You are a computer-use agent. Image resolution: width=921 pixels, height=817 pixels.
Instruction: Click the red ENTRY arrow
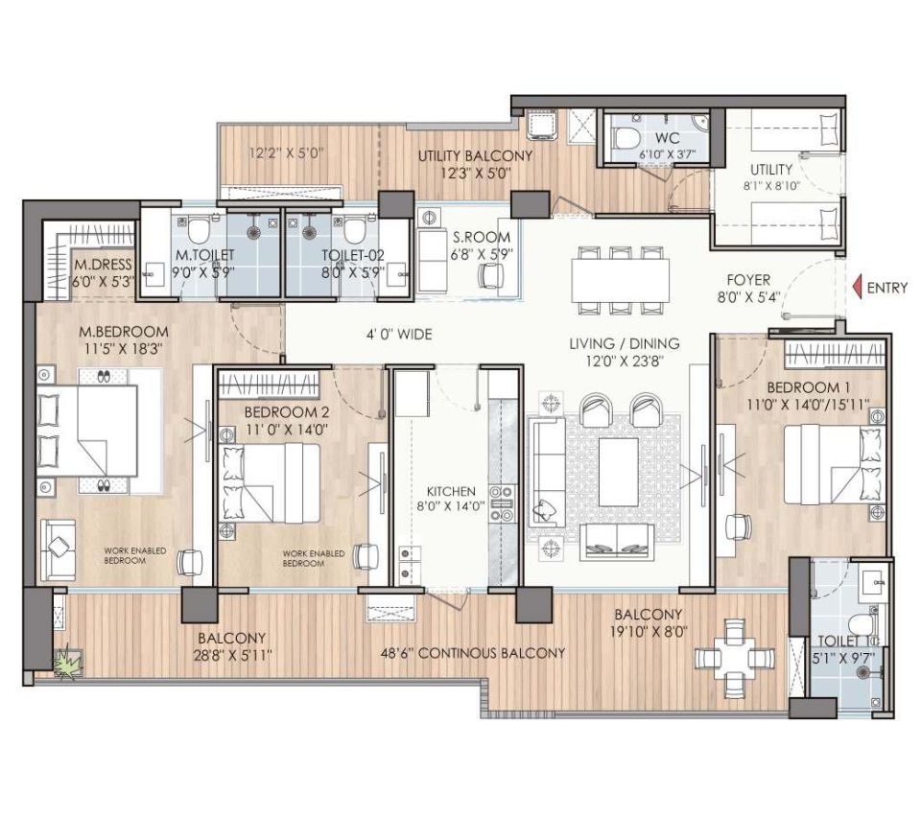(857, 288)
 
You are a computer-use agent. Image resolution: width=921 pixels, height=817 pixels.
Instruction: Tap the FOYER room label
(747, 280)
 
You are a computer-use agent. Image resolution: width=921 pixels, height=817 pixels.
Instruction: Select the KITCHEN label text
(451, 491)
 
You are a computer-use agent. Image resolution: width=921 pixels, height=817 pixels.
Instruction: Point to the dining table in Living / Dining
(621, 279)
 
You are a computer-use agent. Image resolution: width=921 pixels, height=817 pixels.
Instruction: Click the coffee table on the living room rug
(619, 472)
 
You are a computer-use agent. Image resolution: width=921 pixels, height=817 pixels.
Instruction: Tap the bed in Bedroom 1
(833, 464)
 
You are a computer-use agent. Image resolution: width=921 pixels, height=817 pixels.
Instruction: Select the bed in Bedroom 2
(270, 482)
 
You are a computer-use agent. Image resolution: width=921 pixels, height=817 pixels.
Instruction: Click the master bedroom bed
(87, 431)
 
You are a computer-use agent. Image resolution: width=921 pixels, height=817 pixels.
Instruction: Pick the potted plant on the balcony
(69, 664)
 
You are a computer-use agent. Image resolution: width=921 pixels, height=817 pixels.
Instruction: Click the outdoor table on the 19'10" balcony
(734, 658)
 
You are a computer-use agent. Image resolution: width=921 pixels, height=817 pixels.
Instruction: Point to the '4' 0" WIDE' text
(399, 335)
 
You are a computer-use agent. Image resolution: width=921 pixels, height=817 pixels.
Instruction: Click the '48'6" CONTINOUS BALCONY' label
(473, 653)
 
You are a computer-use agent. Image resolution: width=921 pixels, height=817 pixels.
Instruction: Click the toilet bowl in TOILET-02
(355, 231)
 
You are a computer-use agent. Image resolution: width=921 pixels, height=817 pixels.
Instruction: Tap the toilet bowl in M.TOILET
(199, 231)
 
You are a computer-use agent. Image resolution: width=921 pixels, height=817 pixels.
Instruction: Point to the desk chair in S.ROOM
(491, 275)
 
